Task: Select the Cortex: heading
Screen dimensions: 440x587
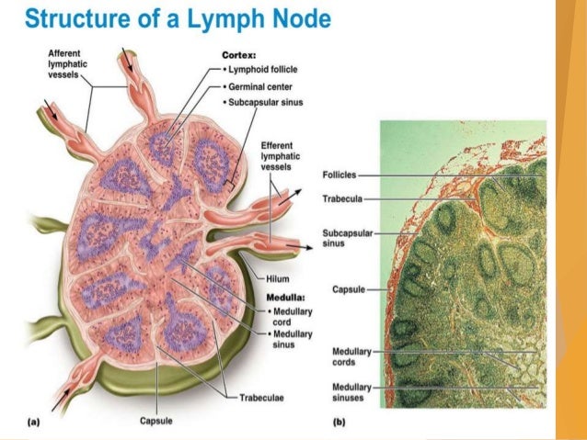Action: coord(237,54)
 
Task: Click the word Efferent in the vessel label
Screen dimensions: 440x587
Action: coord(278,145)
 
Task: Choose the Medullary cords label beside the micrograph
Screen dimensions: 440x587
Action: coord(346,355)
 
